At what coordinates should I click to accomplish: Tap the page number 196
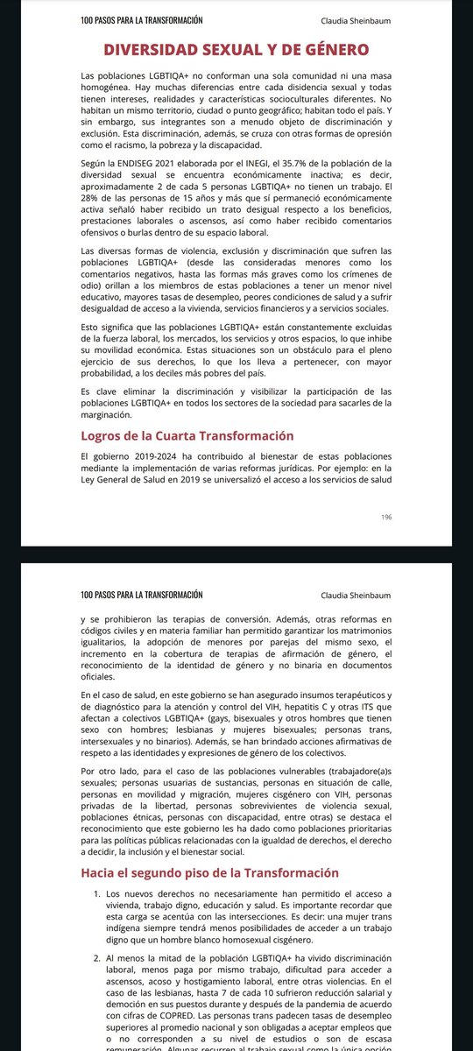point(386,517)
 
